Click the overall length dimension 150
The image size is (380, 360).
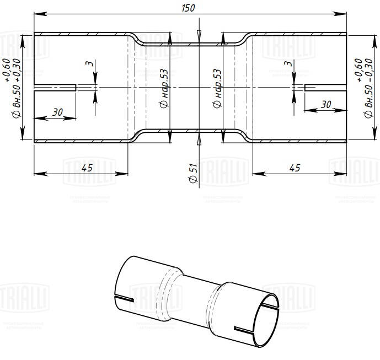click(x=190, y=7)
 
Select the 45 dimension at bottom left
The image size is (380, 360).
click(x=86, y=168)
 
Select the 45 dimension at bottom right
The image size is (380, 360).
click(x=295, y=168)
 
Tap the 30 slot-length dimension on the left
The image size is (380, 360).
click(x=57, y=112)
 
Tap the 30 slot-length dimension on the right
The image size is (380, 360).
click(x=325, y=104)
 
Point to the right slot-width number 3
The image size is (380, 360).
click(x=287, y=65)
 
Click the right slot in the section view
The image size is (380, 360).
click(x=325, y=88)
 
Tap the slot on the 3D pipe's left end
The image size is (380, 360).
click(x=124, y=299)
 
